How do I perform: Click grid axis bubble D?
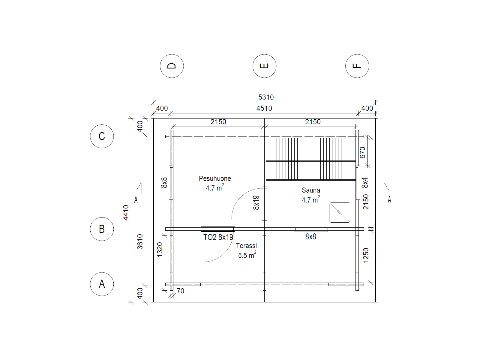pos(172,66)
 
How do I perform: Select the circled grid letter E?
pos(264,66)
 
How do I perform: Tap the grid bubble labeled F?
pos(357,66)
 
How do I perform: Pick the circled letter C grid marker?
pos(102,136)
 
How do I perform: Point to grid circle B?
pos(102,229)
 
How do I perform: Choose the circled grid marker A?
pos(102,284)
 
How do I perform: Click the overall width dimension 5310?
pos(266,97)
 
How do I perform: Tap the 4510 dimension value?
pos(264,108)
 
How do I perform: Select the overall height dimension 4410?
pos(126,213)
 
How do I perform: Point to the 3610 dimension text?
pos(140,242)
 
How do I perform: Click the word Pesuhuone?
pos(215,178)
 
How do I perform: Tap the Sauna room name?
pos(311,190)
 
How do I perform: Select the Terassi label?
pos(246,246)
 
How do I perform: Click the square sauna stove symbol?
pos(339,212)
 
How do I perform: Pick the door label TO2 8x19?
pos(218,237)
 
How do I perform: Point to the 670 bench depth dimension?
pos(363,152)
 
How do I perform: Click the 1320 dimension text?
pos(160,249)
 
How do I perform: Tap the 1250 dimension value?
pos(366,255)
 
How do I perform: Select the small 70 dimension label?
pos(180,291)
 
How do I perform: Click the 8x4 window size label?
pos(365,182)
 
